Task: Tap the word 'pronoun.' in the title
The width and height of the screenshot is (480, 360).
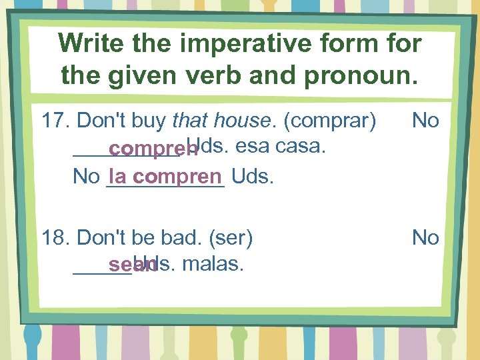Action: [363, 75]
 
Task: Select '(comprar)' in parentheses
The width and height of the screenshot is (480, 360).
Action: [330, 121]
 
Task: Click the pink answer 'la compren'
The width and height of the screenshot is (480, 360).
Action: [165, 177]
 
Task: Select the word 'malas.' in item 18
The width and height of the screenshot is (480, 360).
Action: [213, 264]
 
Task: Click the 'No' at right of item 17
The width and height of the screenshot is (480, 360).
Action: [425, 121]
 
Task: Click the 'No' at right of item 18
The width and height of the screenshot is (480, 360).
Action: [425, 238]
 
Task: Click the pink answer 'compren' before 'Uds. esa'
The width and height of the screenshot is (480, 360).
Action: [153, 149]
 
